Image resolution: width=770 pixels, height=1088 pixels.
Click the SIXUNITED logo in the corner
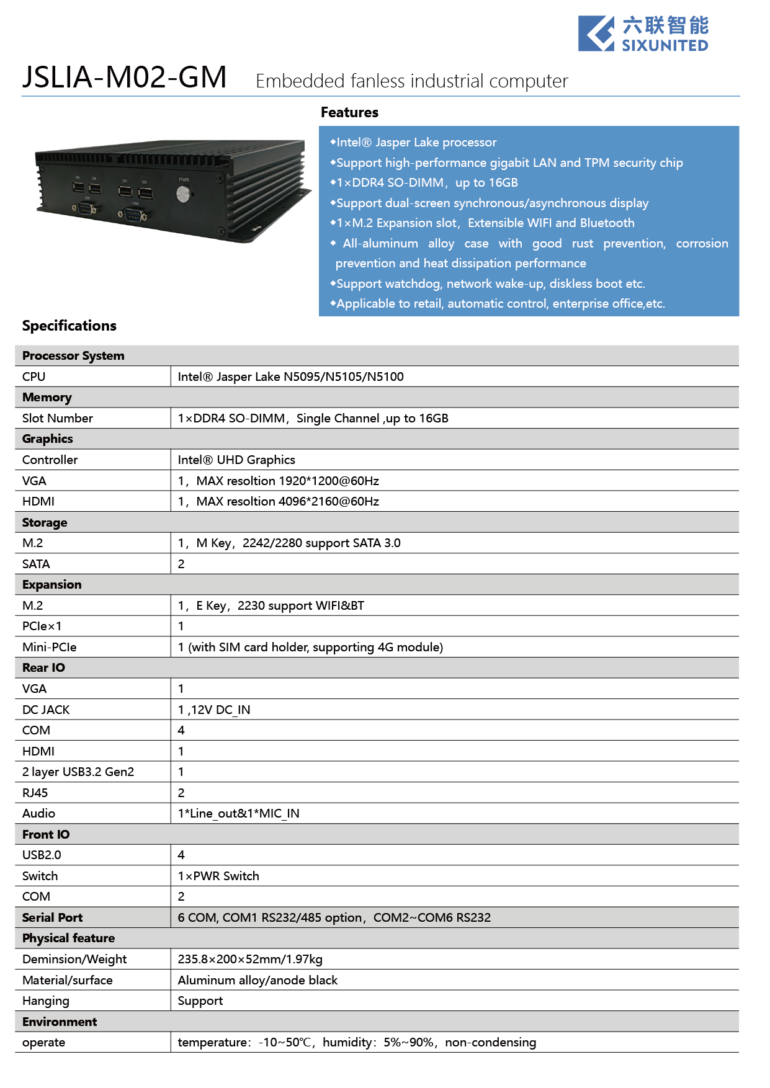643,33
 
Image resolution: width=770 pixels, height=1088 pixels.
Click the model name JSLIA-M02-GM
124,78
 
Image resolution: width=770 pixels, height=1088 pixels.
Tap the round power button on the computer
183,195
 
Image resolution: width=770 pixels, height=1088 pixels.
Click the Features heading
349,112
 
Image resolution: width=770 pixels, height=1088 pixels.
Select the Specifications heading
69,326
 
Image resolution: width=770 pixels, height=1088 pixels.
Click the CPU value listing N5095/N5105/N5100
290,377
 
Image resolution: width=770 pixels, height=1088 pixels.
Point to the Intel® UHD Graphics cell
236,460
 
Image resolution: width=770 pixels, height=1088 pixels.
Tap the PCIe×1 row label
42,626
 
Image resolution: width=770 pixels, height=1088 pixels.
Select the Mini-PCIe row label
49,647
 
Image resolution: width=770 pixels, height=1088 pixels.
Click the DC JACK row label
46,710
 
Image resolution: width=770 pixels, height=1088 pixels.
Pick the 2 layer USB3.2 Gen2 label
78,772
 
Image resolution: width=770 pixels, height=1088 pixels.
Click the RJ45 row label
35,793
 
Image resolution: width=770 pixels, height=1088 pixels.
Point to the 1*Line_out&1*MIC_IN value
238,813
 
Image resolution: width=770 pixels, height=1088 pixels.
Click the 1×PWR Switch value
218,876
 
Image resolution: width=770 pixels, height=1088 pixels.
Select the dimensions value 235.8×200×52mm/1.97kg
249,959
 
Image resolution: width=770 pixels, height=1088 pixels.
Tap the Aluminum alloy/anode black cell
257,980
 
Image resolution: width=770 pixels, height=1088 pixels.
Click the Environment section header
60,1022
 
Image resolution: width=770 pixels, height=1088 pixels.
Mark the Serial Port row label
52,917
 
